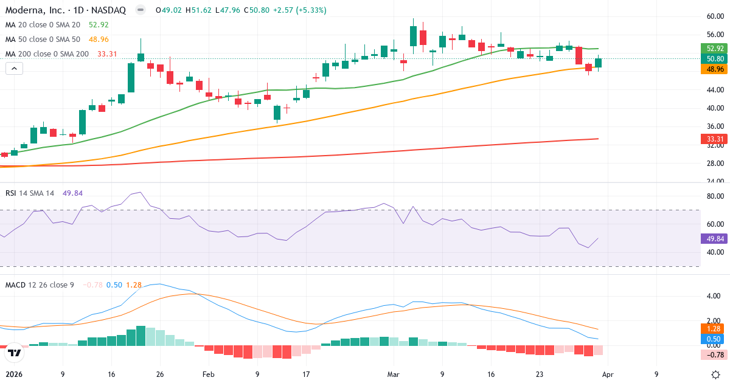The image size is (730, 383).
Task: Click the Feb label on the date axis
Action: pyautogui.click(x=208, y=374)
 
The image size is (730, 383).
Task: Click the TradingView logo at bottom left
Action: pyautogui.click(x=14, y=352)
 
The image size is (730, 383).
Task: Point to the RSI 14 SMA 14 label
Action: pyautogui.click(x=30, y=193)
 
